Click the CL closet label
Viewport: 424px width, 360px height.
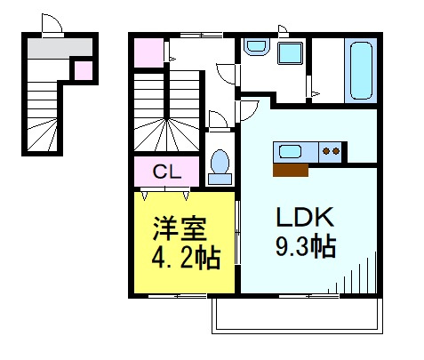167,172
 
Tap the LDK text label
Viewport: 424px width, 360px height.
305,217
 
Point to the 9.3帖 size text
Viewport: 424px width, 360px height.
306,246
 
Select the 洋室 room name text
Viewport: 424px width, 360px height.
180,228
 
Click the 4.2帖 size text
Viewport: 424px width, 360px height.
186,259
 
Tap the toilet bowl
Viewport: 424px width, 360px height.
220,162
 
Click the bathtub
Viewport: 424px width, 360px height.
361,70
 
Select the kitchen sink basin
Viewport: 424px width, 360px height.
291,151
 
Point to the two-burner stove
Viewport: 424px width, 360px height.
331,151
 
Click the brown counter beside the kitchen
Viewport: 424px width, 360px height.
291,170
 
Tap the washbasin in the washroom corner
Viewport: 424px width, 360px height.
256,46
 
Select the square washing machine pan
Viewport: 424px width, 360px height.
290,53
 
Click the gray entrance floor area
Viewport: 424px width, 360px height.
60,47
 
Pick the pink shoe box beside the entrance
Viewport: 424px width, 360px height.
84,70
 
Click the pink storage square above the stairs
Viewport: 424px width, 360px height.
148,52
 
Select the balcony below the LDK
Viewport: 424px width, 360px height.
297,316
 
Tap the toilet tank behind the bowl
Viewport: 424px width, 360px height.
220,180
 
